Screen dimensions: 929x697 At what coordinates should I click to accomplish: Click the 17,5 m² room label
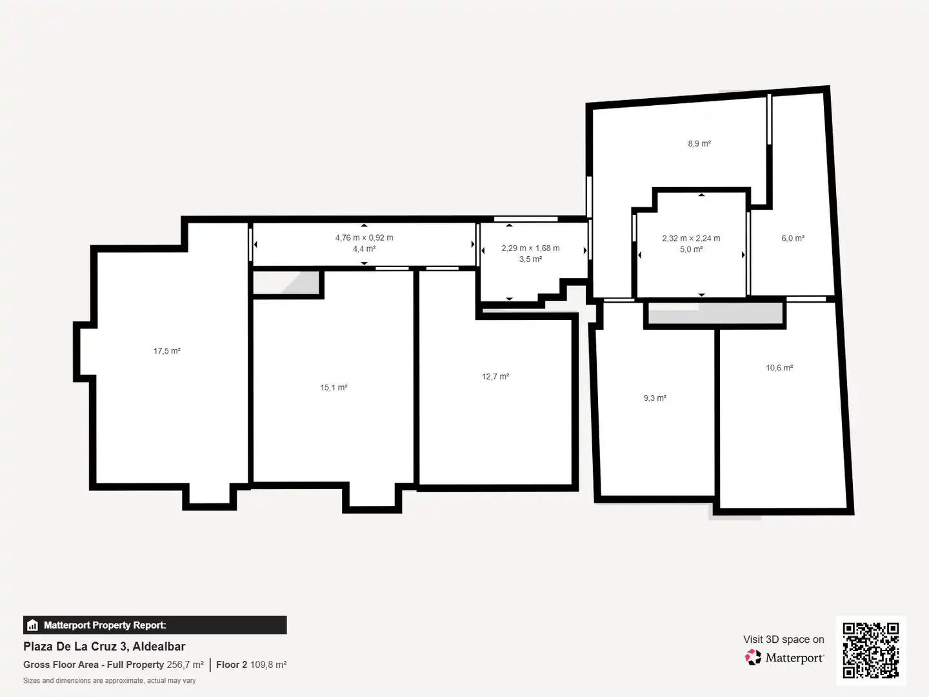(x=166, y=351)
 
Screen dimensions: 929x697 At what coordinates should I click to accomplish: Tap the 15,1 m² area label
(x=334, y=387)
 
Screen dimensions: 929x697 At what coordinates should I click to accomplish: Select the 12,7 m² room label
(x=495, y=376)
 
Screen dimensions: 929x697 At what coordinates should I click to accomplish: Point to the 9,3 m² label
(x=655, y=398)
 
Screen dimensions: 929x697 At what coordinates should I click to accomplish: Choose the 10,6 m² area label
(x=779, y=368)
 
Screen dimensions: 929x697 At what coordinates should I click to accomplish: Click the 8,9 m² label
(x=699, y=143)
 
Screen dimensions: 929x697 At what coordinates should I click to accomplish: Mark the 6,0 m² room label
(x=793, y=238)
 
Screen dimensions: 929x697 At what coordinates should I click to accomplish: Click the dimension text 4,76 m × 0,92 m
(x=364, y=238)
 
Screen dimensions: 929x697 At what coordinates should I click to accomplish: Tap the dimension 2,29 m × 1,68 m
(x=530, y=248)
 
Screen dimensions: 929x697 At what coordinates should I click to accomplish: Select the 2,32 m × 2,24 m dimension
(x=691, y=238)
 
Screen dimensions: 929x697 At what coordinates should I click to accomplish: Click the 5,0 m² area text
(x=691, y=249)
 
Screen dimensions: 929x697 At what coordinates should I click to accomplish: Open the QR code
(x=870, y=650)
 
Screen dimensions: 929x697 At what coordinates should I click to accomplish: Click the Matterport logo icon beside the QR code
(x=753, y=657)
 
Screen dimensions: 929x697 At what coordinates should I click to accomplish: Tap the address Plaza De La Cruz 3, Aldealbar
(x=104, y=646)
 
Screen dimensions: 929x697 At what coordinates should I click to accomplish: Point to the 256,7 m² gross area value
(x=185, y=665)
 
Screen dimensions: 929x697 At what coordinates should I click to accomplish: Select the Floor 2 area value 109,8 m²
(x=268, y=665)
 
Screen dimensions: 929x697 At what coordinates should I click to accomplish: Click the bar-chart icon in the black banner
(x=33, y=625)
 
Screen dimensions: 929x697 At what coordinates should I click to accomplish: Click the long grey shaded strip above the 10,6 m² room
(x=715, y=313)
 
